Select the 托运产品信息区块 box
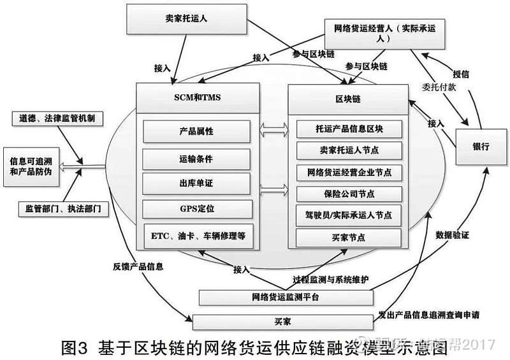(349, 128)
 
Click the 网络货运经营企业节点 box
(349, 172)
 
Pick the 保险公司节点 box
(349, 194)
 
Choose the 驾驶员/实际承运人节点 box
(349, 215)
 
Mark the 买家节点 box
(349, 237)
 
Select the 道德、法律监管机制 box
(54, 119)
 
